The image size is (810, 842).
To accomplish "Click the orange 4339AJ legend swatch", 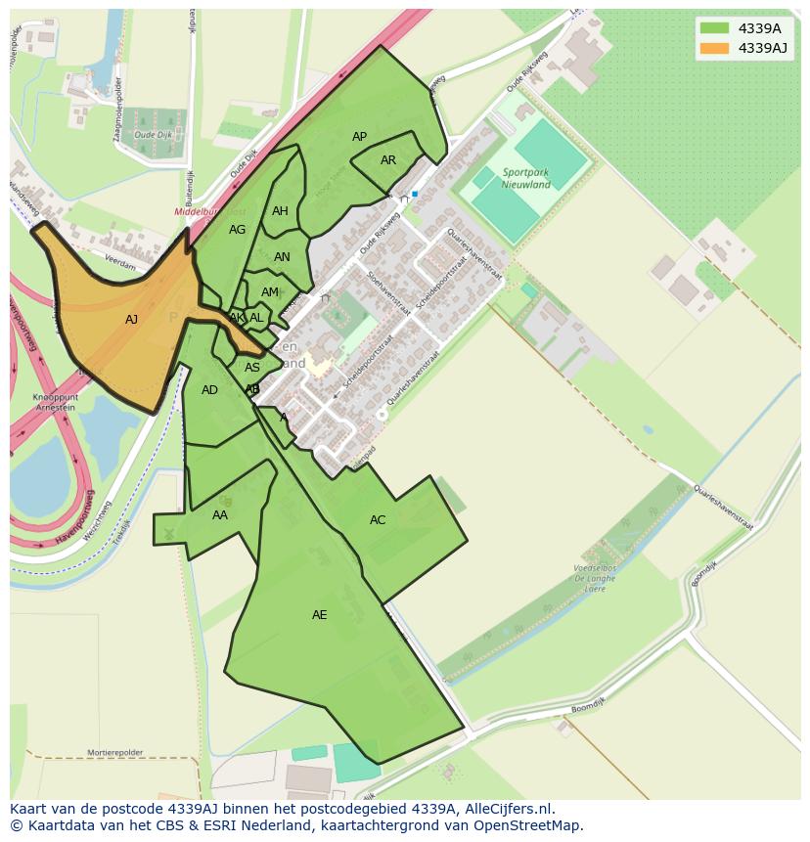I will [x=715, y=48].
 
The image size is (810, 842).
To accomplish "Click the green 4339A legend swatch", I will [x=715, y=28].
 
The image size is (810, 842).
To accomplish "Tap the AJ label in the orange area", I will [x=131, y=319].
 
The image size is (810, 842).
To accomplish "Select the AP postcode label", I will [x=359, y=137].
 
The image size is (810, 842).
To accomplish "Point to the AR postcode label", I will [x=388, y=160].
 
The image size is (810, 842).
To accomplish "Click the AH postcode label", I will [x=280, y=211].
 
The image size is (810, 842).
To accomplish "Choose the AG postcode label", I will [x=237, y=230].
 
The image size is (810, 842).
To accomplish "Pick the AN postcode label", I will [x=282, y=257].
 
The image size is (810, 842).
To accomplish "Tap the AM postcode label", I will [x=270, y=292].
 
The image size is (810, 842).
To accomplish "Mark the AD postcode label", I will [x=209, y=390].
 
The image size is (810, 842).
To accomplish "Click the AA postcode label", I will [x=220, y=515].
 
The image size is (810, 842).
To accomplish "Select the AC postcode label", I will [x=378, y=520].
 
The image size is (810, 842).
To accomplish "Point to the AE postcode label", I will [x=319, y=615].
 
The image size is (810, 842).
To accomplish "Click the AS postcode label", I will [x=252, y=368].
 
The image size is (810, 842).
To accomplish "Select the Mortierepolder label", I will [x=113, y=753].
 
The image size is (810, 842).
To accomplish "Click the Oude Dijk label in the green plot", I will [x=153, y=134].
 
